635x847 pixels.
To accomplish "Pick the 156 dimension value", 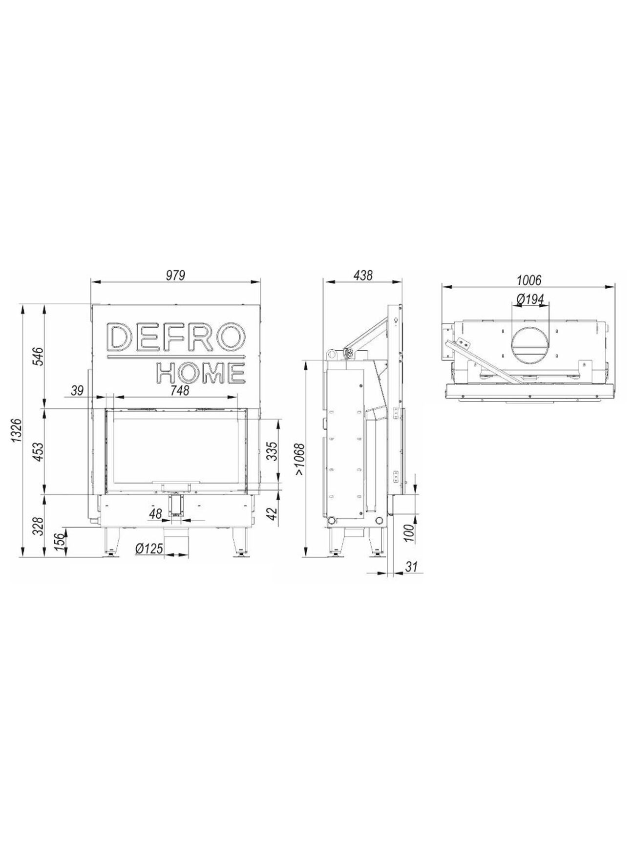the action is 59,542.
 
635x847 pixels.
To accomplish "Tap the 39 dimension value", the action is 77,390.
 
